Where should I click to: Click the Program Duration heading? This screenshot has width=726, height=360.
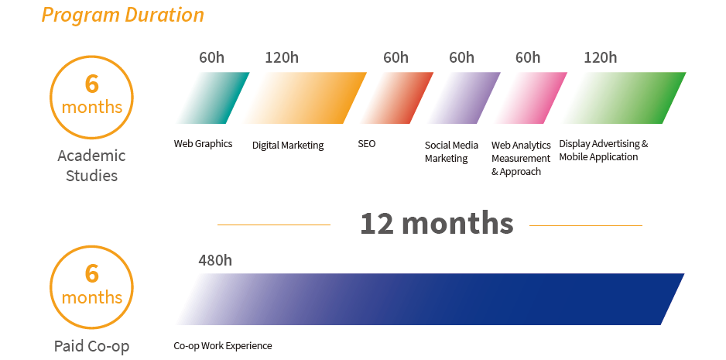[123, 15]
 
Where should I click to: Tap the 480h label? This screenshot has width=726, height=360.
[215, 260]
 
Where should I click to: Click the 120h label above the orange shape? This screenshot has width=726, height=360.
[282, 57]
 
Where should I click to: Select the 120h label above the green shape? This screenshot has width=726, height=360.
[601, 57]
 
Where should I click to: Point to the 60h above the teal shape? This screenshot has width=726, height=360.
[211, 57]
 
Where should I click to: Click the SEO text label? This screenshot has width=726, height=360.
[367, 144]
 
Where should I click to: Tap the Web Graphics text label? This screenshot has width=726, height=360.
[204, 144]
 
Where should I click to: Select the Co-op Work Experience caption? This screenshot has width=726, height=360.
[223, 345]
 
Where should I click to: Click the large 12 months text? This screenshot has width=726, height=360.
[437, 223]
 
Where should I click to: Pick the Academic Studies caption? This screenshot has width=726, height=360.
[91, 166]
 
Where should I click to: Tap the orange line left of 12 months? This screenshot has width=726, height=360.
[274, 225]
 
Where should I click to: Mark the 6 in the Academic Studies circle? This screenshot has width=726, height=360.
[91, 84]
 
